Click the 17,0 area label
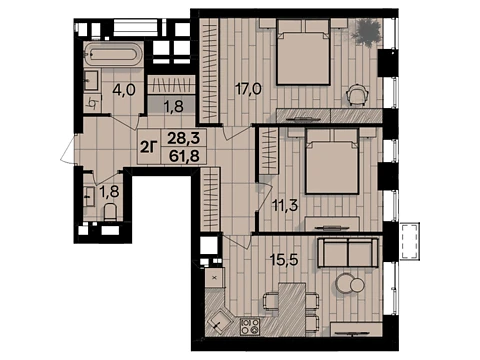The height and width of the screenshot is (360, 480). pyautogui.click(x=248, y=89)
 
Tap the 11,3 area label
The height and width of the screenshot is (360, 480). pyautogui.click(x=285, y=206)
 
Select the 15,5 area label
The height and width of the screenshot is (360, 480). pyautogui.click(x=284, y=260)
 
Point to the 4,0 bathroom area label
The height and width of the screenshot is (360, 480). pyautogui.click(x=124, y=90)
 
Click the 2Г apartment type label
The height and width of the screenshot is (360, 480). pyautogui.click(x=148, y=147)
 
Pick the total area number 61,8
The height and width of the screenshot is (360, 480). pyautogui.click(x=184, y=156)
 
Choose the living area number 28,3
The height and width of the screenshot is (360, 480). pyautogui.click(x=184, y=138)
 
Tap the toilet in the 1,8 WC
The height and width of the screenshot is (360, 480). pyautogui.click(x=110, y=212)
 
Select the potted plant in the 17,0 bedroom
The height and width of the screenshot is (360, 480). pyautogui.click(x=367, y=32)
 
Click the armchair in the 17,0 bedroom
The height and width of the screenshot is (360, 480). pyautogui.click(x=357, y=94)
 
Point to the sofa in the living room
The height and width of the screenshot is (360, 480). pyautogui.click(x=348, y=252)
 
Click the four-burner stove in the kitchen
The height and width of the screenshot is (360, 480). pyautogui.click(x=250, y=326)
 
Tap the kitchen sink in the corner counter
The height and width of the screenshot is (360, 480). pyautogui.click(x=219, y=321)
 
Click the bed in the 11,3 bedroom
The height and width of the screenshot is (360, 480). pyautogui.click(x=332, y=161)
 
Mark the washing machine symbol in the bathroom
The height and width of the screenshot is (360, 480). pyautogui.click(x=93, y=104)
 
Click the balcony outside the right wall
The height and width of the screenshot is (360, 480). pyautogui.click(x=410, y=241)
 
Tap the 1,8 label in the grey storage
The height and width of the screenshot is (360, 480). pyautogui.click(x=174, y=107)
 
